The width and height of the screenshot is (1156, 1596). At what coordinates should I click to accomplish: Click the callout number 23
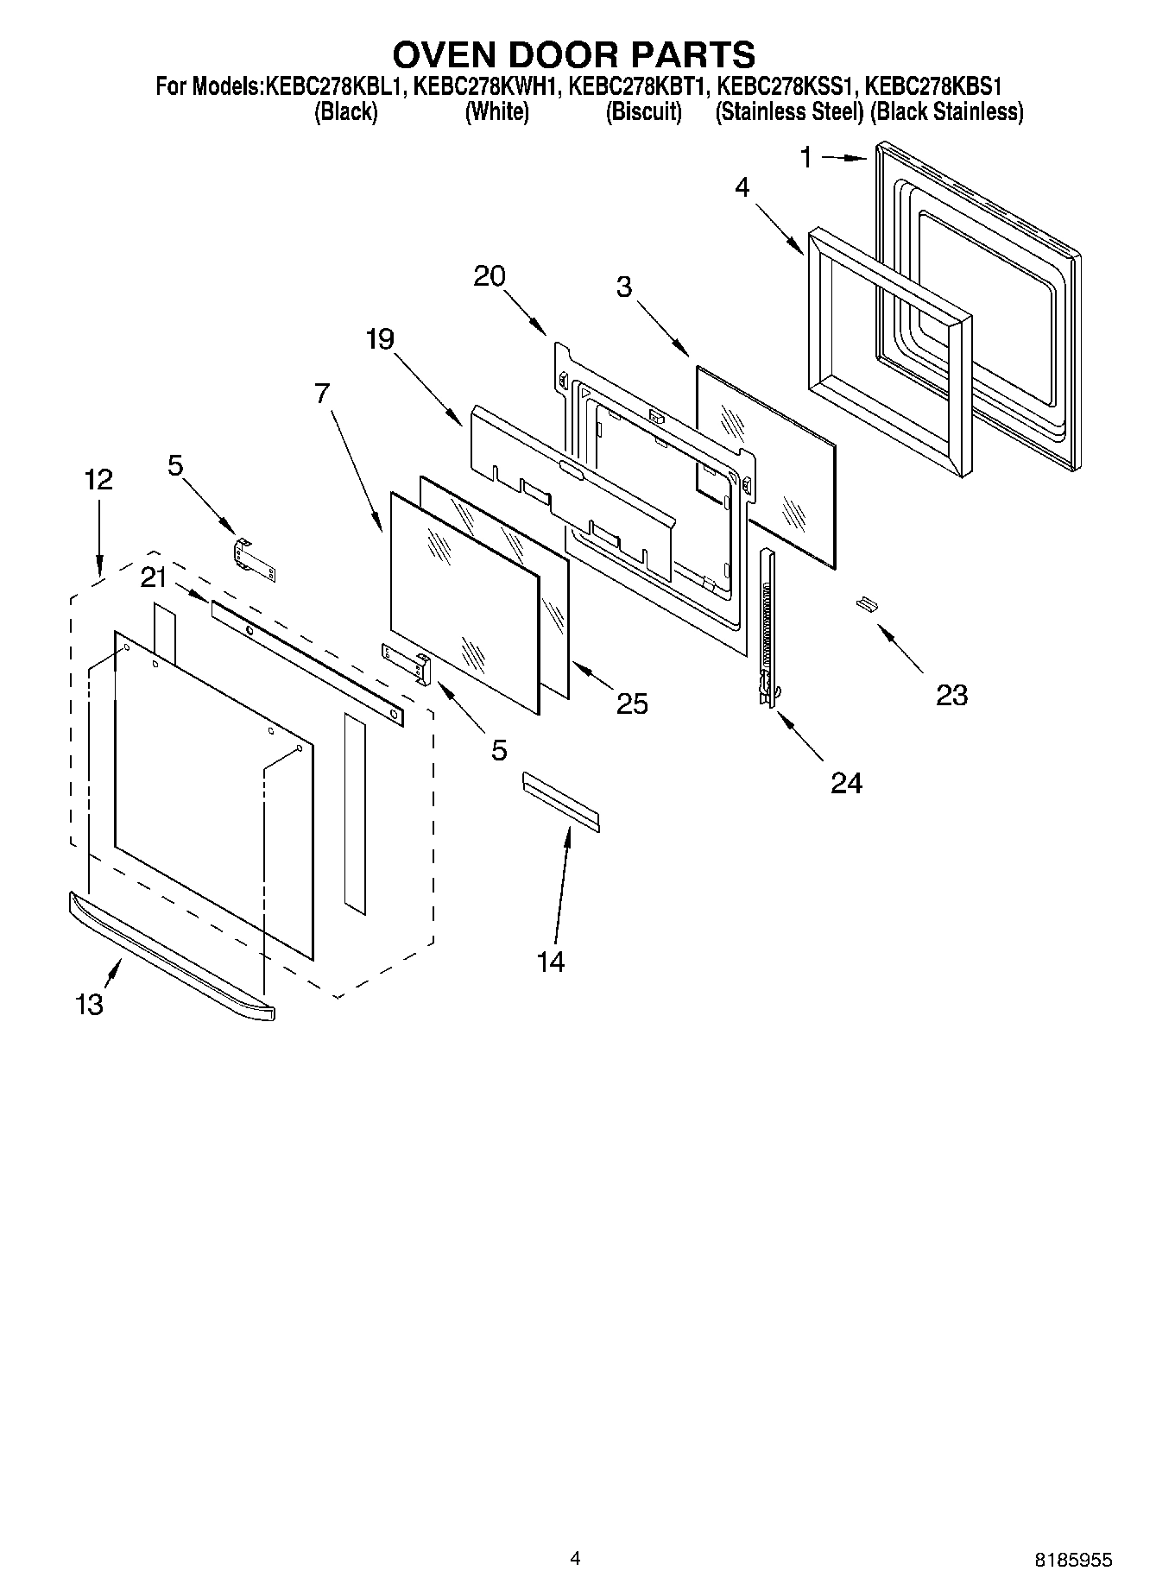(x=951, y=695)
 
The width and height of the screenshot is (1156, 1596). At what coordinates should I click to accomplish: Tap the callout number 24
(x=846, y=783)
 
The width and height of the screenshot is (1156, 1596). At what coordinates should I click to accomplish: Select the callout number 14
(x=551, y=961)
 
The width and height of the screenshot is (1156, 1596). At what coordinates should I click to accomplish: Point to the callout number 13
(x=89, y=1004)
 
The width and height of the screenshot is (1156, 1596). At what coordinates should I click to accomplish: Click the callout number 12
(x=98, y=480)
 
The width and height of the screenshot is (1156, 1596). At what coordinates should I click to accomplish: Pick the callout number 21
(x=154, y=577)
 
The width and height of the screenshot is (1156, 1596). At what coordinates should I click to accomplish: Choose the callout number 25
(x=632, y=704)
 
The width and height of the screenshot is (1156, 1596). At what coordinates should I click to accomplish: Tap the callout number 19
(x=380, y=339)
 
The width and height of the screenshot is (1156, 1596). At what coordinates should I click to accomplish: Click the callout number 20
(x=490, y=276)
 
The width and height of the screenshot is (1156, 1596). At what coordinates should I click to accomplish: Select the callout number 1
(x=805, y=157)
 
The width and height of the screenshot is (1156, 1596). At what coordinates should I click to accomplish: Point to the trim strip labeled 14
(x=559, y=802)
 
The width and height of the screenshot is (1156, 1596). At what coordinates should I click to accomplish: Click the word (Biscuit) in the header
(x=643, y=112)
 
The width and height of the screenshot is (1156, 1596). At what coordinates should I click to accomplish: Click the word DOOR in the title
(x=574, y=54)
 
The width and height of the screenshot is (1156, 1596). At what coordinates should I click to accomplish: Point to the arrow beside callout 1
(x=843, y=158)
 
